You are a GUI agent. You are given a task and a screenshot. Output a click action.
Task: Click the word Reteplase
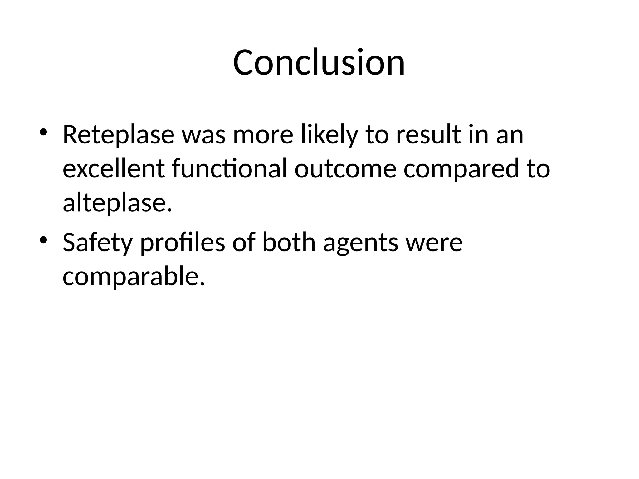pyautogui.click(x=118, y=135)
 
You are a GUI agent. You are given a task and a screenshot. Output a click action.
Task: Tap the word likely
pyautogui.click(x=329, y=135)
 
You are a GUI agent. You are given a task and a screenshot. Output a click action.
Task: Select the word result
pyautogui.click(x=428, y=135)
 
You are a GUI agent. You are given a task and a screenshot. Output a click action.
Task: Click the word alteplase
pyautogui.click(x=117, y=203)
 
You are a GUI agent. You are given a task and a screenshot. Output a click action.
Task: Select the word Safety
pyautogui.click(x=98, y=242)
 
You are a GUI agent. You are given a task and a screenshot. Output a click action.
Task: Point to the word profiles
pyautogui.click(x=182, y=242)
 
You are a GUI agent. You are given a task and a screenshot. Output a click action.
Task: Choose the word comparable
pyautogui.click(x=134, y=276)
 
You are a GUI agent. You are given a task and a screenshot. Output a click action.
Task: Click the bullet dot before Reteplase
pyautogui.click(x=43, y=132)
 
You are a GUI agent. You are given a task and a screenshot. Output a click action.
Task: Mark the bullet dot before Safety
pyautogui.click(x=43, y=240)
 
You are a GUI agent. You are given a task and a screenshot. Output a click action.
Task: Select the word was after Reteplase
pyautogui.click(x=203, y=135)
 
